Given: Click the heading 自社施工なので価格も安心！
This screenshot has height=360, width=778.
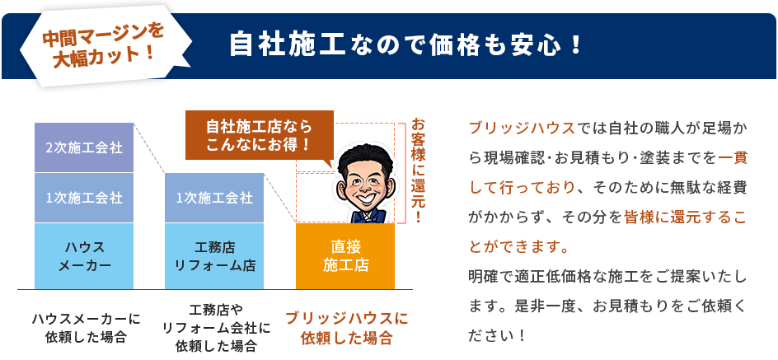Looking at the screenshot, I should point(405,43).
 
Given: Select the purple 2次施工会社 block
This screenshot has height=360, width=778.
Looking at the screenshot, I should point(84,148).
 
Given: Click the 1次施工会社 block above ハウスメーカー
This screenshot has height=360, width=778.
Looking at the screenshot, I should point(84,198).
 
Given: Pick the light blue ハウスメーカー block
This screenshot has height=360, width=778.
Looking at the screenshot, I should point(84,255).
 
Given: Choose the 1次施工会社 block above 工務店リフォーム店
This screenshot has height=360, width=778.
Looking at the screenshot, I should point(214,198).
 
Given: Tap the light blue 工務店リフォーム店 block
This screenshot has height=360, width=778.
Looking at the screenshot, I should point(214,255).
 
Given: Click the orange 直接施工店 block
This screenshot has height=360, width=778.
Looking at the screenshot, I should point(345,255).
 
